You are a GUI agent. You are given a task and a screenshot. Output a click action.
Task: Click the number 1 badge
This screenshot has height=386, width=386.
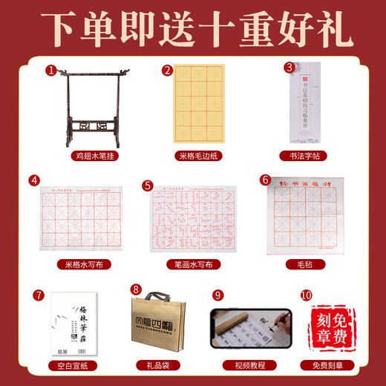(x=50, y=71)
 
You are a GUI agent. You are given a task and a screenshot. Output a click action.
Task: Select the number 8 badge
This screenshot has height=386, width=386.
(x=135, y=290)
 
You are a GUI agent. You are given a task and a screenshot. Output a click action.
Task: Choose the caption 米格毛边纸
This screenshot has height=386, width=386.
(x=194, y=157)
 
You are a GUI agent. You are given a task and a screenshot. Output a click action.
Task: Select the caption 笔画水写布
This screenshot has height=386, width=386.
(x=194, y=264)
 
